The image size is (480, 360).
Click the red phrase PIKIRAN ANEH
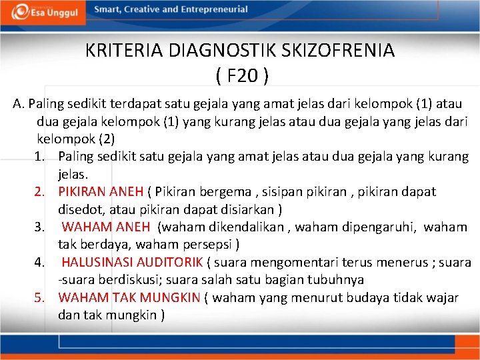pos(101,192)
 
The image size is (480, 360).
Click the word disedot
pos(79,209)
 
